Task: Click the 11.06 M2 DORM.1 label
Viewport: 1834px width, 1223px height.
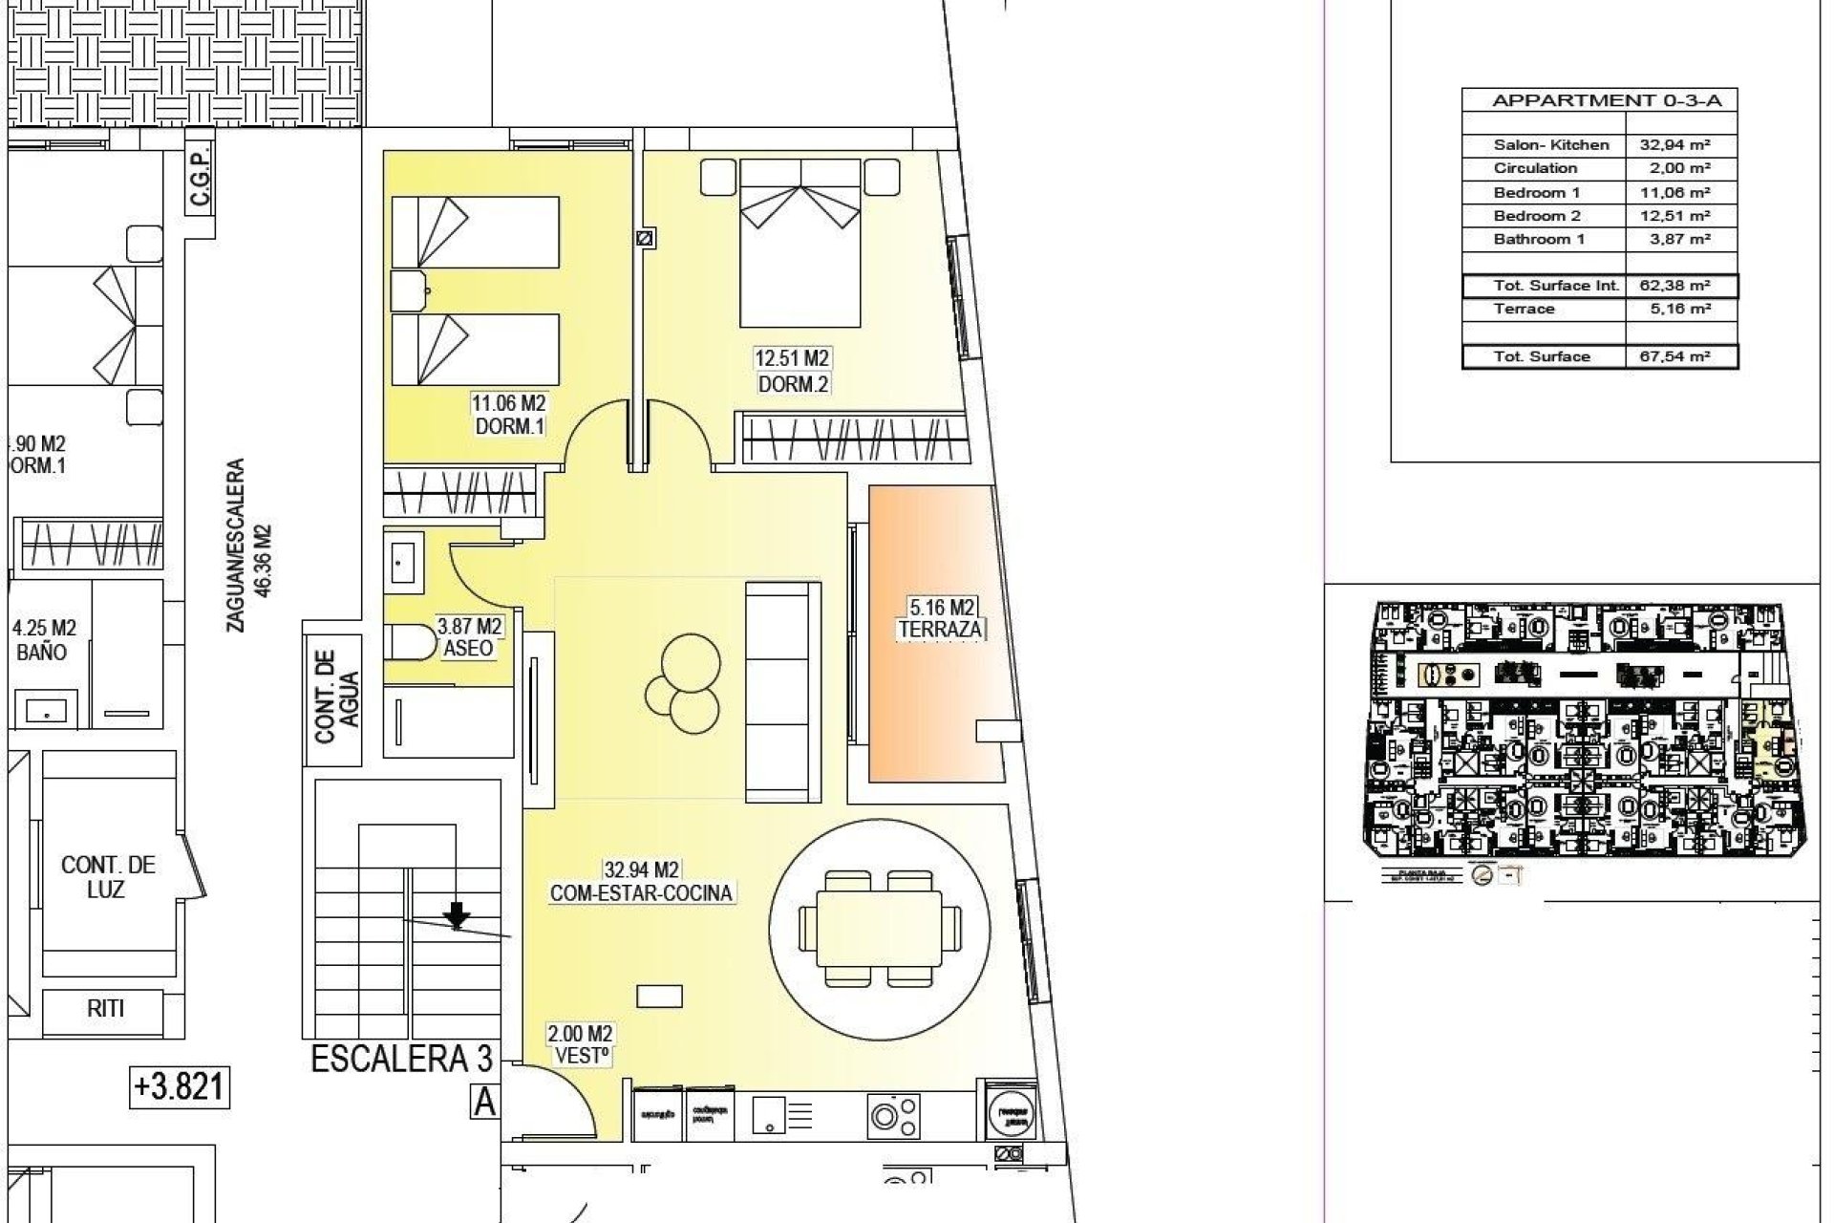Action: (510, 416)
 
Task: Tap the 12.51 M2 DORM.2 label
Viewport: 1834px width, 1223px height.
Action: (792, 372)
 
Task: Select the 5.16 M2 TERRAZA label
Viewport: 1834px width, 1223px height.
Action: (941, 618)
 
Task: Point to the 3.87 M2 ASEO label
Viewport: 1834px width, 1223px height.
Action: (469, 637)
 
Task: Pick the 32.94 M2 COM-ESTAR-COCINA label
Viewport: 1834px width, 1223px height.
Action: (641, 882)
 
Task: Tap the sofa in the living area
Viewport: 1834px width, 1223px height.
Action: (782, 692)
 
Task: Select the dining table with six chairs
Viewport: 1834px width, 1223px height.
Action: (879, 928)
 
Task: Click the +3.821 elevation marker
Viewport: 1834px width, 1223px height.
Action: (180, 1086)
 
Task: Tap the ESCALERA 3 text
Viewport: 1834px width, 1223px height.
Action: (402, 1059)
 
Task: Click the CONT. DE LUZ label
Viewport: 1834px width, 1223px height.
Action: (108, 877)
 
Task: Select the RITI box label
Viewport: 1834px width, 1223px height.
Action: (106, 1008)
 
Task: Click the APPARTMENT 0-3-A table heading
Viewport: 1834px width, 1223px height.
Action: (1599, 100)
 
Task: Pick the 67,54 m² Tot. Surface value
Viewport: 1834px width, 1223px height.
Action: (1680, 356)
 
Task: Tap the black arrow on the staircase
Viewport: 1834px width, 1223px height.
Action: (458, 915)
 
